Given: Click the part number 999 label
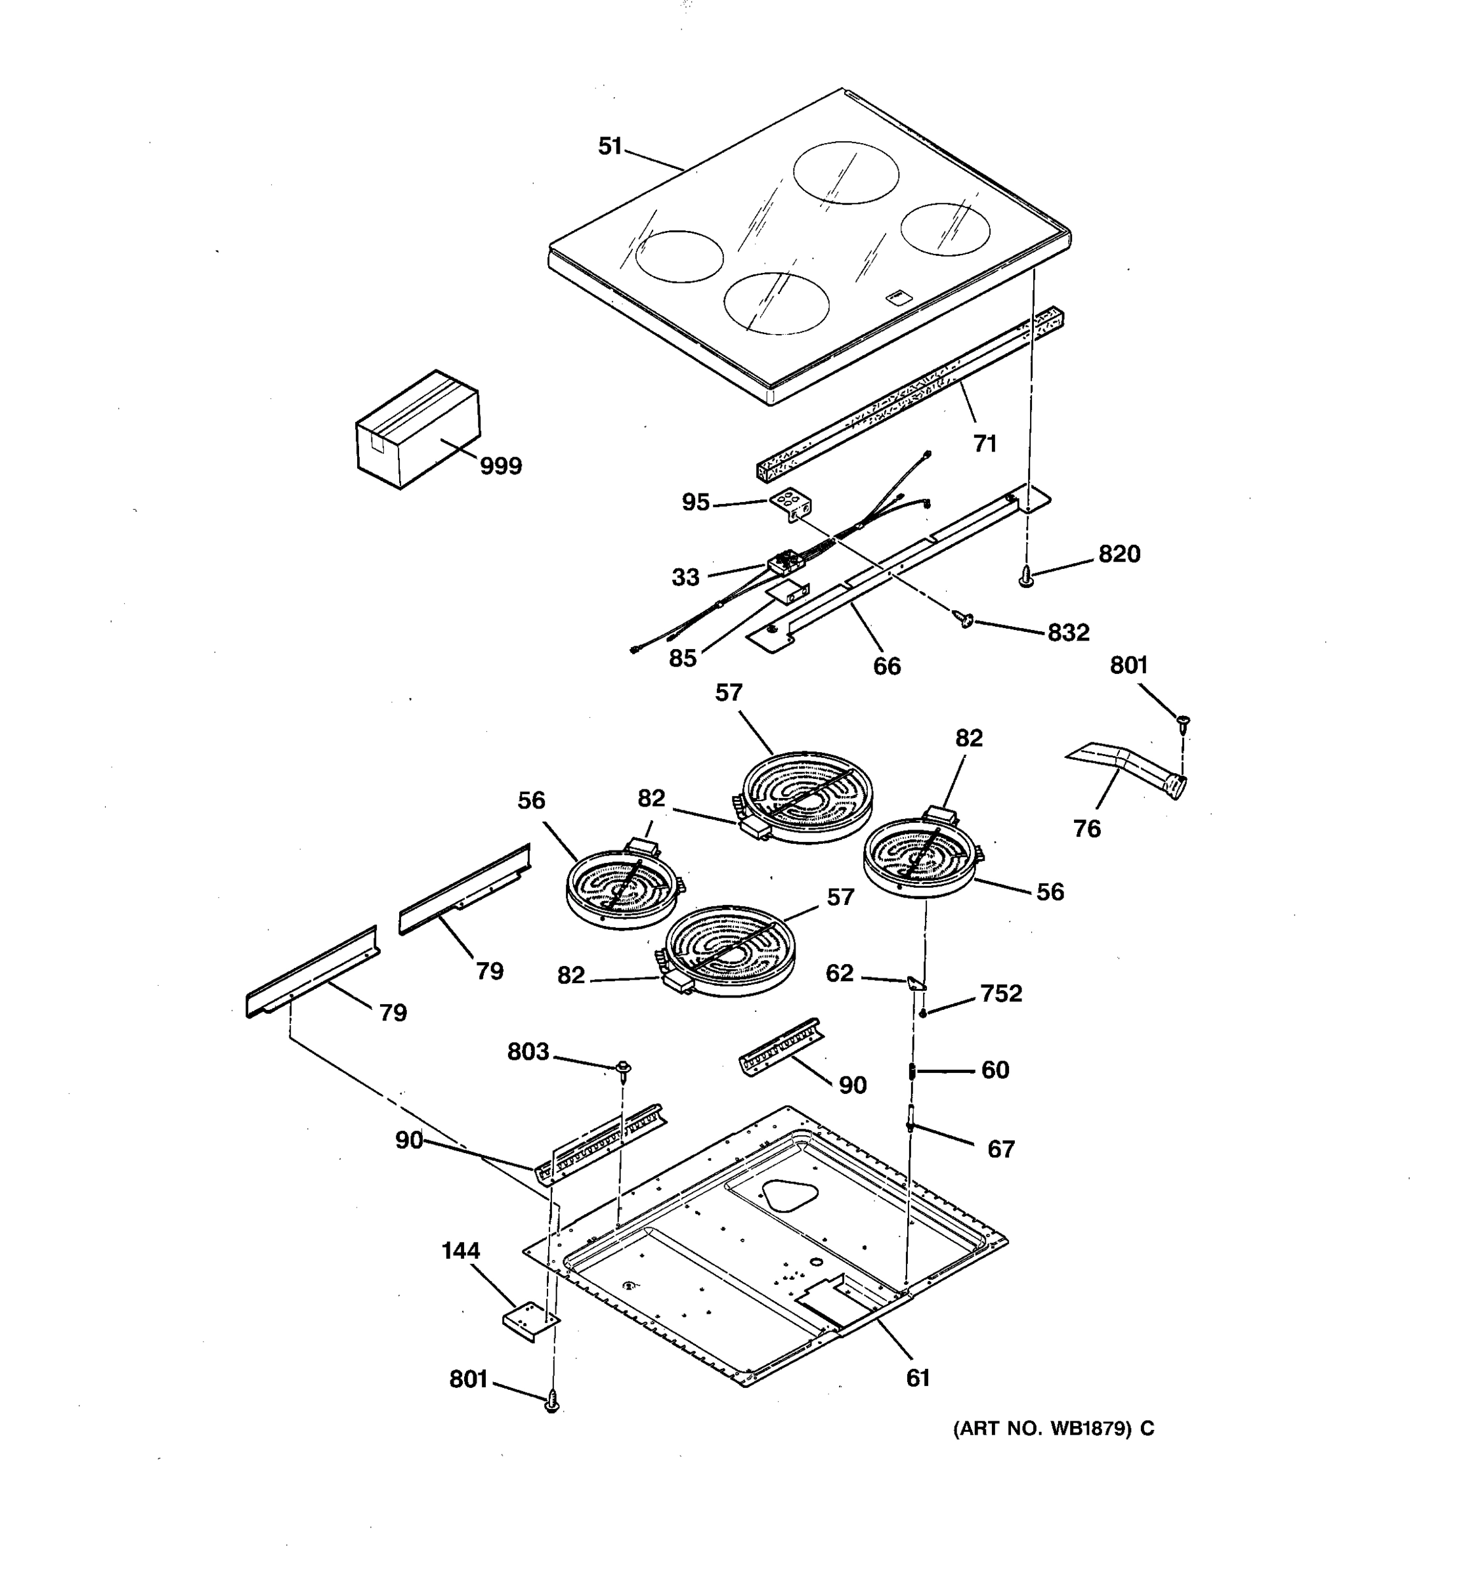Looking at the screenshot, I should click(501, 466).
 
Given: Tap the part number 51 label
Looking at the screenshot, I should click(610, 146).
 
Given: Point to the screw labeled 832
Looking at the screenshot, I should click(964, 618).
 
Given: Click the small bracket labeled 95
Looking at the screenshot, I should click(790, 503).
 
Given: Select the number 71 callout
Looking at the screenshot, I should click(984, 444).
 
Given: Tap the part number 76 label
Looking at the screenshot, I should click(1086, 829).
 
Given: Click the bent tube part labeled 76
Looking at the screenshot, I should click(1129, 765).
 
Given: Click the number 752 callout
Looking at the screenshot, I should click(1001, 994).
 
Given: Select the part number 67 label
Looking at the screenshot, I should click(1001, 1149).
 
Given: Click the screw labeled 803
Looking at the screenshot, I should click(624, 1068).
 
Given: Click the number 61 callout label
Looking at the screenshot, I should click(918, 1379).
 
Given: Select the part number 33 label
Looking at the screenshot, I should click(685, 577).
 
